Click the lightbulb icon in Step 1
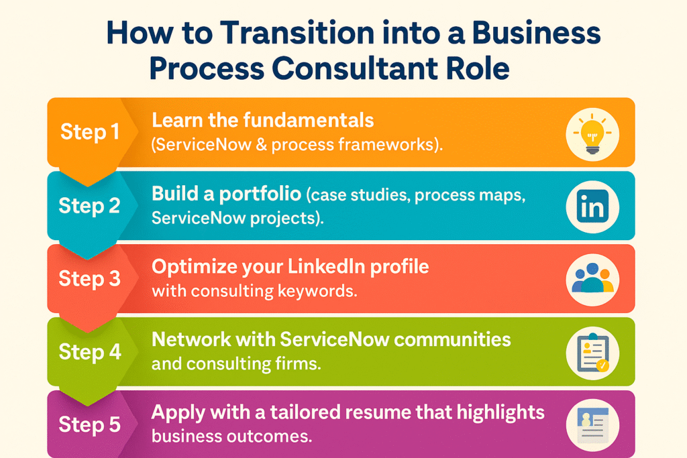592,134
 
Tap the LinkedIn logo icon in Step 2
592,207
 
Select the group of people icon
592,278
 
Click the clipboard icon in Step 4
593,353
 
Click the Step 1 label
90,132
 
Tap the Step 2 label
89,205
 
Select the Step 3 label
89,278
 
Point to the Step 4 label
90,351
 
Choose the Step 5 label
89,424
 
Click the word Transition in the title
297,33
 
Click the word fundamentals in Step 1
309,120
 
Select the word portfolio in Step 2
260,194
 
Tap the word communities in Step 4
452,339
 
